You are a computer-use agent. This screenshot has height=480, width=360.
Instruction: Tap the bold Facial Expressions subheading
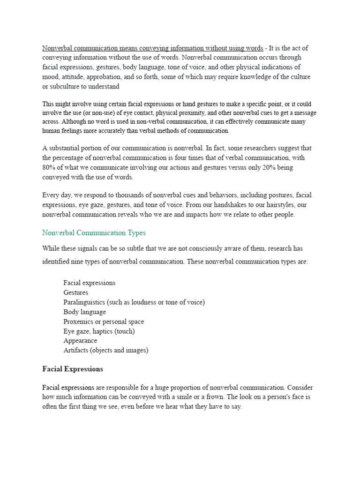73,369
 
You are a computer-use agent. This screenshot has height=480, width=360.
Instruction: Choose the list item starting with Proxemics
104,322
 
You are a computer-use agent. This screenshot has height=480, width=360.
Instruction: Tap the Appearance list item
80,341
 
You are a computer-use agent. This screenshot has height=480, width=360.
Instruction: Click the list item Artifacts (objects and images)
106,350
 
